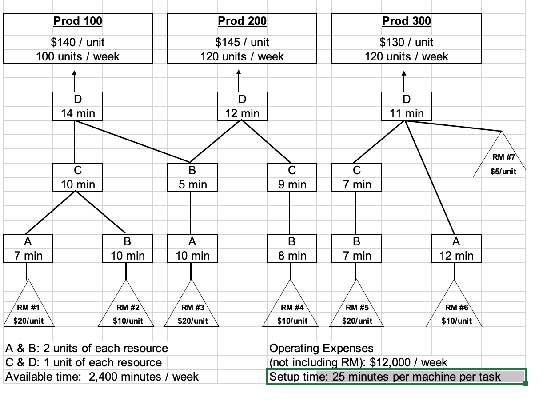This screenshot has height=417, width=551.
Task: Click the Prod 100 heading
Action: (x=78, y=21)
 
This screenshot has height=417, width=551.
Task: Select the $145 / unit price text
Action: (x=242, y=42)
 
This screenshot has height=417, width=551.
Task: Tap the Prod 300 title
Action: (x=407, y=21)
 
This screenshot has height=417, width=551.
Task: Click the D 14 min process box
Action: (x=78, y=106)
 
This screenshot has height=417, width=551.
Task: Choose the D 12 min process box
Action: (x=242, y=106)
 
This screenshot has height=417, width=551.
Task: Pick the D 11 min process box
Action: (x=407, y=106)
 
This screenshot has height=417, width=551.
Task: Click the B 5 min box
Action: (x=193, y=177)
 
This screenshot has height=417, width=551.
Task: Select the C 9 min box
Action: (x=292, y=177)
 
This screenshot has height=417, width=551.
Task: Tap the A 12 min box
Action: (x=456, y=249)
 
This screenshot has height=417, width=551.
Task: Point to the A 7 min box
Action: (x=28, y=249)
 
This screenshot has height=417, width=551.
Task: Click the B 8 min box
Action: (x=292, y=249)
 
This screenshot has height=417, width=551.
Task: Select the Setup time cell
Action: (x=395, y=377)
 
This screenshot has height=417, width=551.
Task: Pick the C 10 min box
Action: (x=78, y=177)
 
